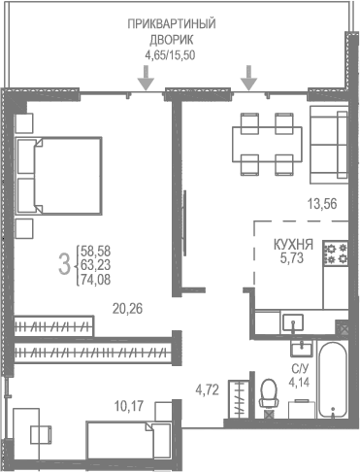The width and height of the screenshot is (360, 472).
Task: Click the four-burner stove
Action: pos(336,254)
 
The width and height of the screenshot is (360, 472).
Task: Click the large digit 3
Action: pos(63,261)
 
